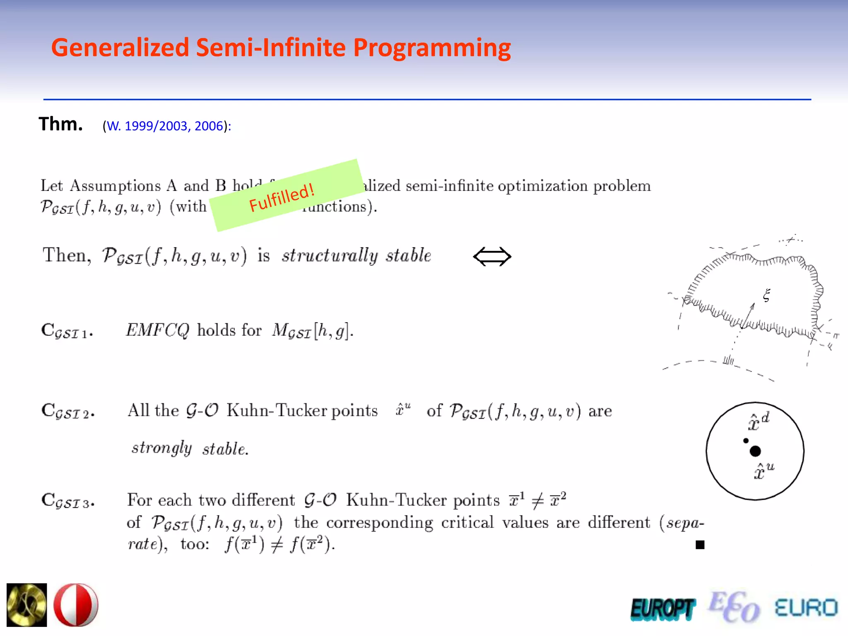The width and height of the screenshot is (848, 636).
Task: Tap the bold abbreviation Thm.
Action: point(60,124)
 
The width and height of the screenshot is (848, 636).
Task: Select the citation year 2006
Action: point(209,126)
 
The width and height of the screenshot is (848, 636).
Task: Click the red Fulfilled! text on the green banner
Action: point(282,198)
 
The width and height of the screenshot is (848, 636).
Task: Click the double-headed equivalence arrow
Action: point(492,256)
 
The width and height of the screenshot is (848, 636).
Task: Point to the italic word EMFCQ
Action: point(157,330)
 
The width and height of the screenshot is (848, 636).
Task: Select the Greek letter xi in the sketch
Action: point(766,295)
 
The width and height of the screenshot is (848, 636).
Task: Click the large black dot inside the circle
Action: point(755,451)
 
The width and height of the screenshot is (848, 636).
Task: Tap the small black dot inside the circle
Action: point(746,441)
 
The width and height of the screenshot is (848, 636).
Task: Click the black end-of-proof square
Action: point(700,545)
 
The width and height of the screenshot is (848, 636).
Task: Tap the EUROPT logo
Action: point(662,609)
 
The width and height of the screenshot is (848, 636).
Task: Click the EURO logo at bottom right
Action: point(806,608)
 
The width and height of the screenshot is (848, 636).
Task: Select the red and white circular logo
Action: point(76,605)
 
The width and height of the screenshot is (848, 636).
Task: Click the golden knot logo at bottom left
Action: point(27,605)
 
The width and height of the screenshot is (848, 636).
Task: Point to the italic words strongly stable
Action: point(190,448)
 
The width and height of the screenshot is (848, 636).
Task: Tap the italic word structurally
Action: point(330,255)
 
